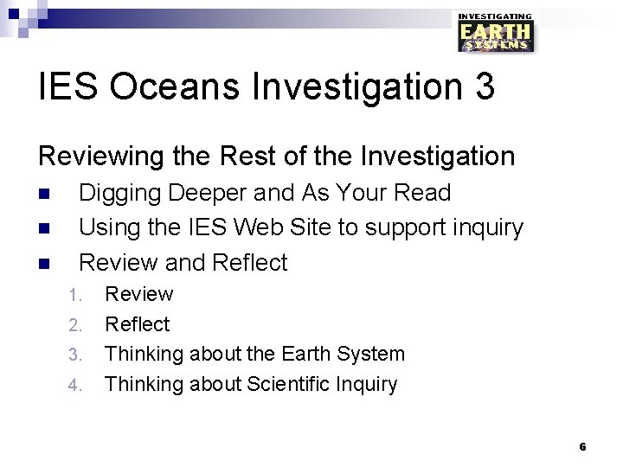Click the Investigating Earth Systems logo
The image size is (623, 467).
(496, 33)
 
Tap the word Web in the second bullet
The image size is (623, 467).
(259, 227)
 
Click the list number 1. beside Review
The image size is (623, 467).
(75, 295)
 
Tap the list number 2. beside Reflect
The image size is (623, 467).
(75, 325)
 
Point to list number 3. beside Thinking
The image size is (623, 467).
(75, 355)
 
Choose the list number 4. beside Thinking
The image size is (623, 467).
(75, 385)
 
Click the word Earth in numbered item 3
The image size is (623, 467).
(306, 354)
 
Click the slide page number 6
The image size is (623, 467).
(582, 446)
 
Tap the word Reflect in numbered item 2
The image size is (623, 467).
(137, 324)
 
